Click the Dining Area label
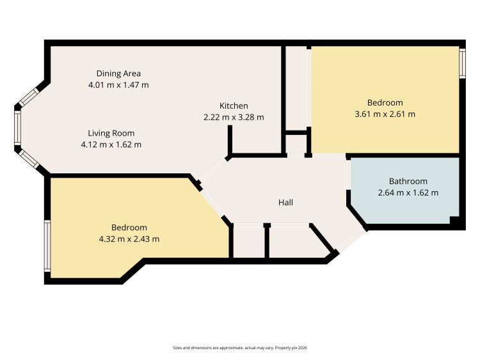click(x=118, y=74)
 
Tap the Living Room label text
click(x=111, y=134)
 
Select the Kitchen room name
click(x=234, y=106)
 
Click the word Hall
click(x=285, y=202)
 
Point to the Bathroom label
click(x=408, y=182)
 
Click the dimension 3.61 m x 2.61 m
click(x=385, y=114)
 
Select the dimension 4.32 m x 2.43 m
click(x=129, y=239)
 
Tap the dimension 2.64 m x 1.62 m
click(x=408, y=192)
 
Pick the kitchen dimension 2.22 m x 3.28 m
click(x=234, y=117)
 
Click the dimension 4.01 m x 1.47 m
click(x=118, y=84)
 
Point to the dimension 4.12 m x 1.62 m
click(x=111, y=145)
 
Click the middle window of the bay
click(x=18, y=127)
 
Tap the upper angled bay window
click(x=29, y=97)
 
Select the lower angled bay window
click(x=29, y=159)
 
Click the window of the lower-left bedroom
click(x=47, y=246)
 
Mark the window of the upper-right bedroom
click(x=462, y=63)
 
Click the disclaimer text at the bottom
click(x=240, y=348)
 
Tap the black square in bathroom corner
click(x=454, y=220)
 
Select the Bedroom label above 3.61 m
click(x=385, y=102)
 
